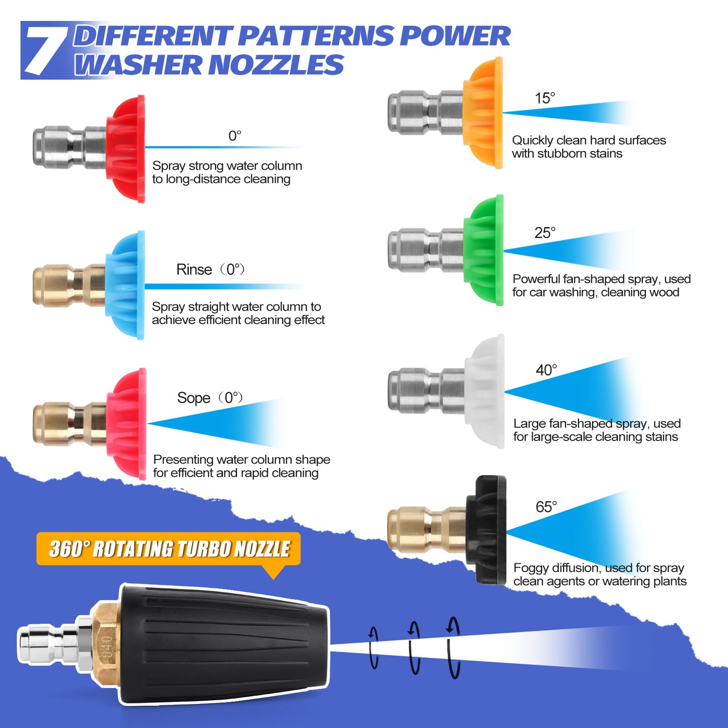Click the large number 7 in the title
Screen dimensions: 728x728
(45, 50)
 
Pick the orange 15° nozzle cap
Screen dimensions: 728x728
(483, 113)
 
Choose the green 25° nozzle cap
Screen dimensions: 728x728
(484, 250)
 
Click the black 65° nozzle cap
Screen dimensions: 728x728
(486, 530)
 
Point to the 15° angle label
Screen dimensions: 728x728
(545, 98)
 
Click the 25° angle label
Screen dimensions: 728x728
(545, 233)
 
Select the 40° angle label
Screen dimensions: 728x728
(546, 370)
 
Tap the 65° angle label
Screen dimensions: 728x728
(546, 507)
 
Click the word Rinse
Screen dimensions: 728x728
(194, 269)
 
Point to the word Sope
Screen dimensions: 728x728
(194, 398)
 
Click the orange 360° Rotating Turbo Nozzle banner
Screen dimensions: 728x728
(168, 549)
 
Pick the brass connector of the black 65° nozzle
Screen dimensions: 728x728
(427, 530)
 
